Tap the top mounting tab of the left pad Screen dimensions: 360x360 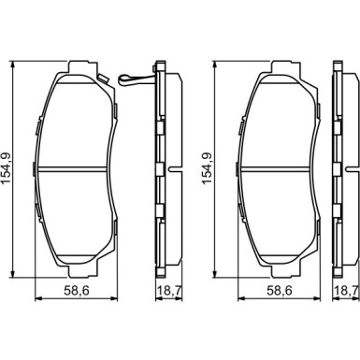pos(76,68)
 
